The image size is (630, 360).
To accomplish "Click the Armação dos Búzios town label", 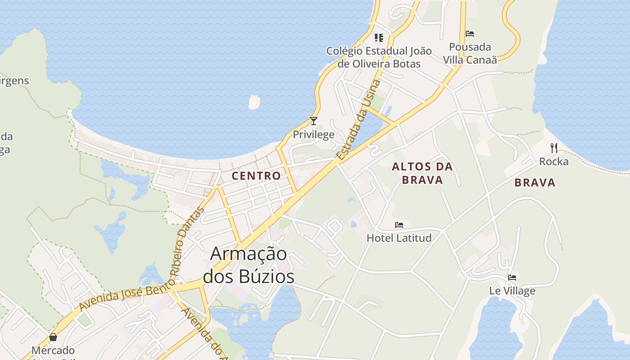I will coord(249,265).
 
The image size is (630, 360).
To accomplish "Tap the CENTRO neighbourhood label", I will coord(256,176).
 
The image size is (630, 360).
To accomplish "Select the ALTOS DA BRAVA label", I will coord(422,173).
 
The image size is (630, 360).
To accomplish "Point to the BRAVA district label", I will coord(535,183).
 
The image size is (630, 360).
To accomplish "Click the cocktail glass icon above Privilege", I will coord(314,121).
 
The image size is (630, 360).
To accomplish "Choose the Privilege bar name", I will coord(314,135).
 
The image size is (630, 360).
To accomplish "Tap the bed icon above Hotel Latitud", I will coord(399,225).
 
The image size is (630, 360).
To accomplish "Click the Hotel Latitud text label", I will coord(399,238).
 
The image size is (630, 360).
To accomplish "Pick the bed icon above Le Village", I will coord(512,278).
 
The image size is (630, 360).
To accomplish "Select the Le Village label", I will coord(512,291).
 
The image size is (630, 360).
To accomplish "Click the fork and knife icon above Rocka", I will coord(554,148).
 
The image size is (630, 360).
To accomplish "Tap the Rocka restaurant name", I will coord(554,161).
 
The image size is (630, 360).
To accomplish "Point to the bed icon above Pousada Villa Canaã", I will coord(470,34).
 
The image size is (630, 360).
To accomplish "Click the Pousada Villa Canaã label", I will coord(470,53).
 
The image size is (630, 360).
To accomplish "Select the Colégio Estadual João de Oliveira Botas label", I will coord(379,57).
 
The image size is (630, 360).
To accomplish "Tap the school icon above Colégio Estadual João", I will coord(379,37).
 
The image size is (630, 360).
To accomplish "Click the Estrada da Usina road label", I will coord(359,120).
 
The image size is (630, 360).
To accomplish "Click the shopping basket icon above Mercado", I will coord(53,337).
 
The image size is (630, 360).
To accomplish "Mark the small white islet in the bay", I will coord(254,102).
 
